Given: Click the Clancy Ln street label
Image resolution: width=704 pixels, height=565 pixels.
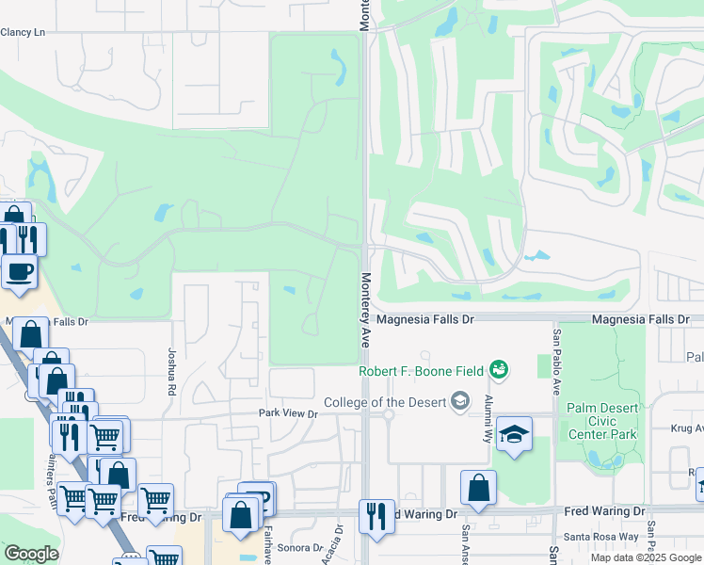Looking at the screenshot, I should [x=23, y=32].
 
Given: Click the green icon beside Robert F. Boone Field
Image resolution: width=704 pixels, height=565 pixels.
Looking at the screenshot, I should [x=500, y=370].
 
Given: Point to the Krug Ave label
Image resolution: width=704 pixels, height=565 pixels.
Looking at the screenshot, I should [x=686, y=428].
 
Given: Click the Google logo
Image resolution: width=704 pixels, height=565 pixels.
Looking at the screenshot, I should [x=31, y=554].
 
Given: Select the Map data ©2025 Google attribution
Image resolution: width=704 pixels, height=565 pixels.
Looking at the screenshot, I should [x=645, y=557].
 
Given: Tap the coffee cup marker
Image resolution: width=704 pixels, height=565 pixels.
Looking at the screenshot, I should [x=20, y=272].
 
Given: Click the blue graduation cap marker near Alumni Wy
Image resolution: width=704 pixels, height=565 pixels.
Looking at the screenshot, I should [x=514, y=435].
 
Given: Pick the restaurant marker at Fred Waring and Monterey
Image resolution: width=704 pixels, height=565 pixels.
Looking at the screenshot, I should [x=376, y=516].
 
